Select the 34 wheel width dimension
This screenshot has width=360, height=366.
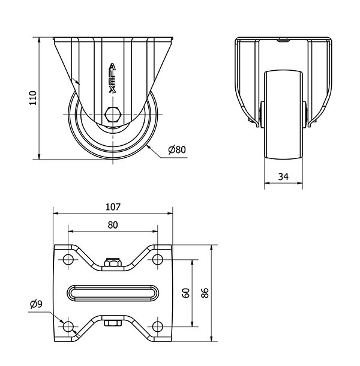click(283, 176)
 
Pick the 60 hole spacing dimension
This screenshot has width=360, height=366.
click(186, 293)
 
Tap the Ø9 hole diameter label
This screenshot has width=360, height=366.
click(36, 304)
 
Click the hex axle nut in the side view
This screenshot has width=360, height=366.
click(112, 113)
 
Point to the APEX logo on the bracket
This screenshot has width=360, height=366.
click(112, 79)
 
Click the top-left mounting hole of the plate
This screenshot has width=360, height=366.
click(68, 260)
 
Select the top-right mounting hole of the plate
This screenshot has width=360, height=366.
click(157, 260)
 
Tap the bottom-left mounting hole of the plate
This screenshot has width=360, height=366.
click(68, 326)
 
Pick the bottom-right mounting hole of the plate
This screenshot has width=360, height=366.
click(157, 326)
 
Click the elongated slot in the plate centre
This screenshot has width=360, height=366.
click(113, 293)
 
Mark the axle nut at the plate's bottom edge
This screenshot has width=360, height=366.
click(112, 324)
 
